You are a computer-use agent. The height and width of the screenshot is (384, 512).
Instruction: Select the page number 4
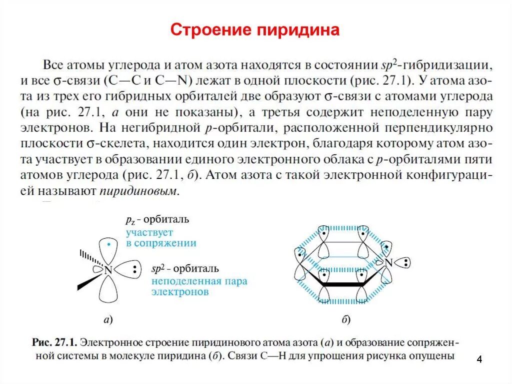[x=479, y=359]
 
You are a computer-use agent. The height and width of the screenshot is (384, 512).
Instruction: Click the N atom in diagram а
[x=108, y=270]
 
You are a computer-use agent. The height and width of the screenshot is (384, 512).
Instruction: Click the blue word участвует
[x=149, y=233]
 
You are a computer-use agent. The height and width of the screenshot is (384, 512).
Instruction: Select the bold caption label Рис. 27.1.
[x=53, y=343]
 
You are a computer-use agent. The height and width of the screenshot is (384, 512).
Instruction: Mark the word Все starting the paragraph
[x=53, y=65]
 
